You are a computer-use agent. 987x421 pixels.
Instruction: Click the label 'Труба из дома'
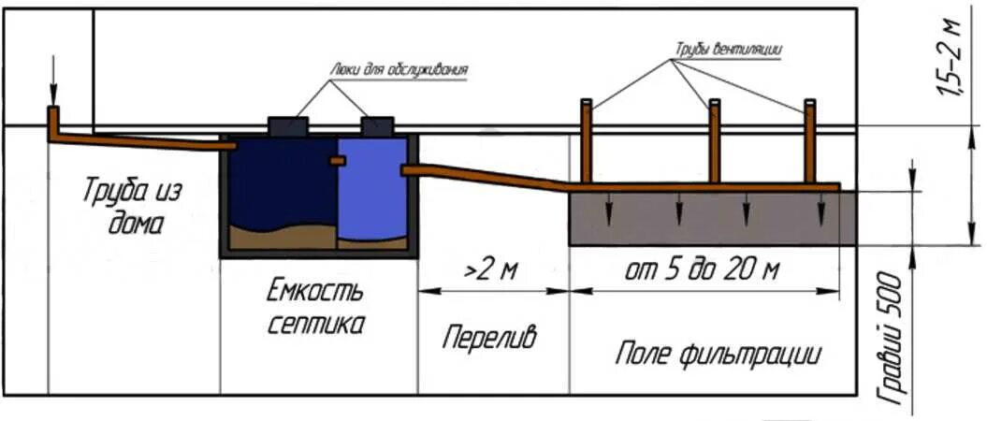click(x=130, y=207)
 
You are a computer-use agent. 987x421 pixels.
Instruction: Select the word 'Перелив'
click(x=490, y=338)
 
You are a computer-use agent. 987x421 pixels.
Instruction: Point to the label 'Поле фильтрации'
click(x=718, y=355)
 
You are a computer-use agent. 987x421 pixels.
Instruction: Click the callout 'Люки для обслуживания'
click(x=399, y=68)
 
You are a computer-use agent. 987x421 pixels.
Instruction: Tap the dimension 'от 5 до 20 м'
click(x=703, y=272)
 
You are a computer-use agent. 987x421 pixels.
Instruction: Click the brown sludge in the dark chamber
click(x=281, y=238)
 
